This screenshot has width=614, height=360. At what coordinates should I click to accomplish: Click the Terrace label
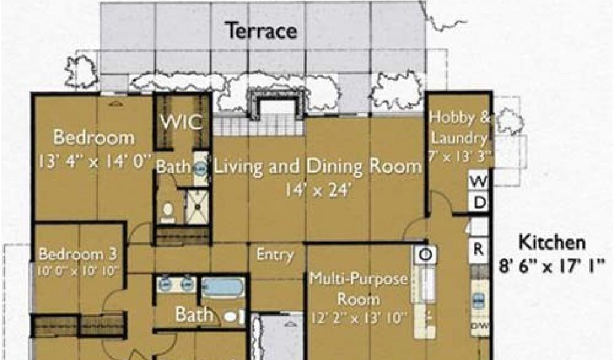(261, 31)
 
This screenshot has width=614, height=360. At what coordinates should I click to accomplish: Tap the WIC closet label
(182, 122)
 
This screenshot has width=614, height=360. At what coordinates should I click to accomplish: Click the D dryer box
(479, 203)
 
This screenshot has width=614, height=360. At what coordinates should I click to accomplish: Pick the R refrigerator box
(478, 249)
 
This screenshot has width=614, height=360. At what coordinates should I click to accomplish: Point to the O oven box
(425, 254)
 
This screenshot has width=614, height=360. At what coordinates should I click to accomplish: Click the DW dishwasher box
(479, 326)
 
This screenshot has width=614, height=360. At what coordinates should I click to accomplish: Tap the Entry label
(275, 255)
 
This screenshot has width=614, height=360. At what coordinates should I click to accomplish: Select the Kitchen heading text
(552, 243)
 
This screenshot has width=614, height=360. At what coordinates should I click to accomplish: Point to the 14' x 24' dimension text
(317, 191)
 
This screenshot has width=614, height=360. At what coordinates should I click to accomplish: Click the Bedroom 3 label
(78, 254)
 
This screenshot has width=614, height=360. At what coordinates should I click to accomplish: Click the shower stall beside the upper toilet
(198, 206)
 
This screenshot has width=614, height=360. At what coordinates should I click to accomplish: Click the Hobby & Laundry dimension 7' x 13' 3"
(460, 157)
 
